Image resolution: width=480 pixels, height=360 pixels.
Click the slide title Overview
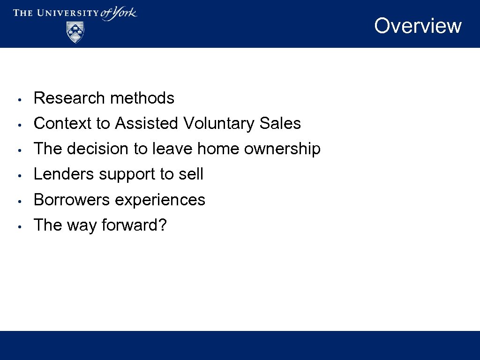(418, 26)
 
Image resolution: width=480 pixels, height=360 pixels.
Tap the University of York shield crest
(75, 32)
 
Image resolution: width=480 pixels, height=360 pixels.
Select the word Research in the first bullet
(69, 98)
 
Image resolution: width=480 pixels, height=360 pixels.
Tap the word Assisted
(147, 123)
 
